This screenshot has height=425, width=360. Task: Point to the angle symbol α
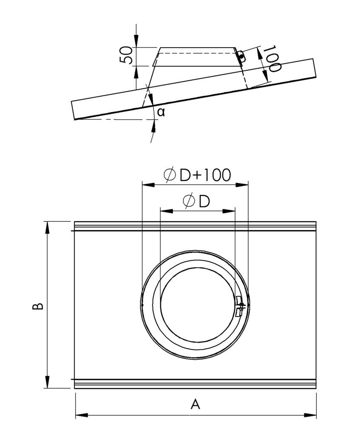pos(160,112)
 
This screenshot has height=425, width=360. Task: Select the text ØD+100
pos(198,175)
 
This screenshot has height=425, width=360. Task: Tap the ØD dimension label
pos(197,201)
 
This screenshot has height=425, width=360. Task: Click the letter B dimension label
pos(38,305)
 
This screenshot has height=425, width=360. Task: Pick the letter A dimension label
pos(195,403)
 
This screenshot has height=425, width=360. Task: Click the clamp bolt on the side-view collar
pos(241,56)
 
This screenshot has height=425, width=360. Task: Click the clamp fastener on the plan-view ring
pos(239,306)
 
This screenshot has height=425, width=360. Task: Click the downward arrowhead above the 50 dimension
pos(136,42)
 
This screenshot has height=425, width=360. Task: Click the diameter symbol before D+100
pos(170,175)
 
